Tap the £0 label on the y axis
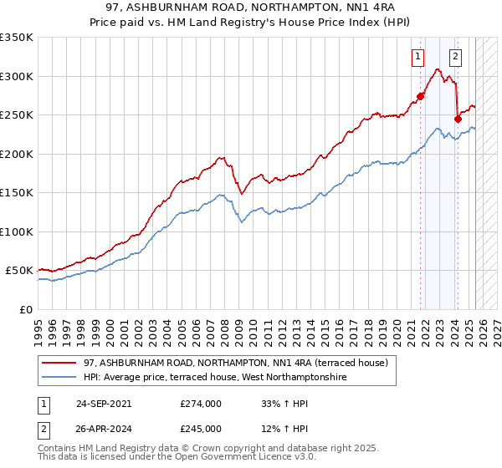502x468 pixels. point(27,309)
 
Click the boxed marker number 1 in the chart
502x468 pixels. point(417,57)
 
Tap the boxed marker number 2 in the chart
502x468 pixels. point(455,57)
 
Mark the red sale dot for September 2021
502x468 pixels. point(421,96)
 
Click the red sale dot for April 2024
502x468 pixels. point(458,119)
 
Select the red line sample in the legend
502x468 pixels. point(59,364)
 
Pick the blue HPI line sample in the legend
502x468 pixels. point(59,378)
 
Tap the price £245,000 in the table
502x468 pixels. point(201,428)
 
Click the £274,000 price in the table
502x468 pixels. point(201,403)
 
